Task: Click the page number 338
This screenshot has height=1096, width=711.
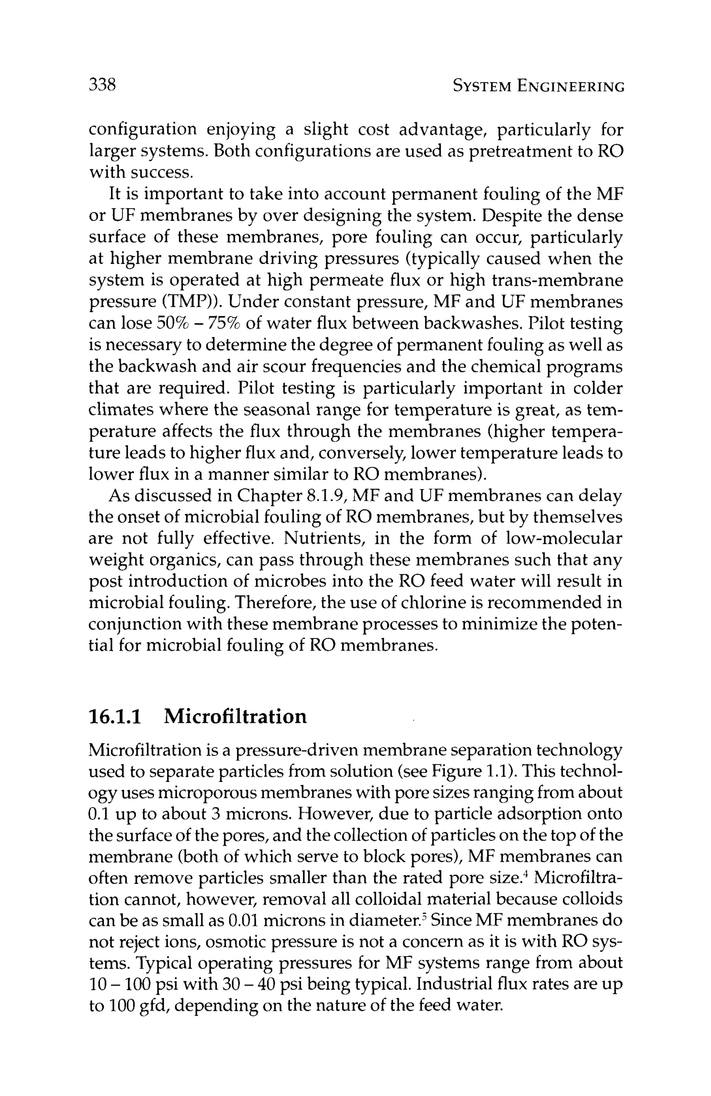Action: click(x=102, y=85)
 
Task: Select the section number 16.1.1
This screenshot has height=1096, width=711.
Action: click(x=114, y=716)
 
